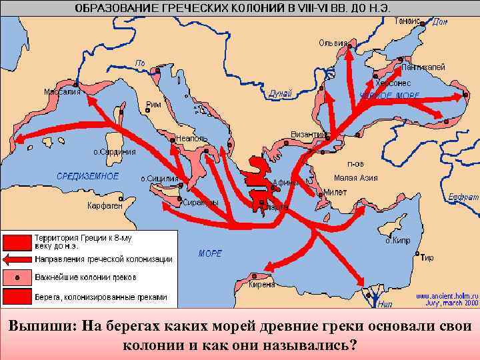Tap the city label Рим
[x=153, y=104]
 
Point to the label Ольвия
[x=332, y=43]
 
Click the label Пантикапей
[x=423, y=67]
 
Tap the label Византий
[x=310, y=135]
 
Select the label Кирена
[x=261, y=284]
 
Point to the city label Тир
[x=428, y=257]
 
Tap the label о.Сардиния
[x=114, y=152]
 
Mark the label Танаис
[x=407, y=21]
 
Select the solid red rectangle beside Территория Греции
[x=17, y=241]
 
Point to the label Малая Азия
[x=355, y=178]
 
